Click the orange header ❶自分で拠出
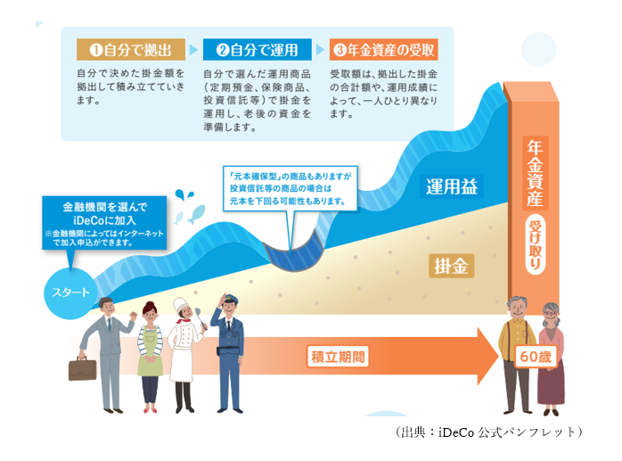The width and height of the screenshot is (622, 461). [131, 49]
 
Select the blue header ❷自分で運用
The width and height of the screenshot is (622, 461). [257, 49]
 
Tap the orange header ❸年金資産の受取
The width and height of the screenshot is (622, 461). [384, 49]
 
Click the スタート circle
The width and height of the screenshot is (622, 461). [70, 291]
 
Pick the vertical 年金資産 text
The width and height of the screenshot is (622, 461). [535, 172]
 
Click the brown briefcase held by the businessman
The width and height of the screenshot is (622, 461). [82, 367]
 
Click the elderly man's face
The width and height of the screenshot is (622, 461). [518, 311]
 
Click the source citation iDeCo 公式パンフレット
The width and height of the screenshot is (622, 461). [490, 432]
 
